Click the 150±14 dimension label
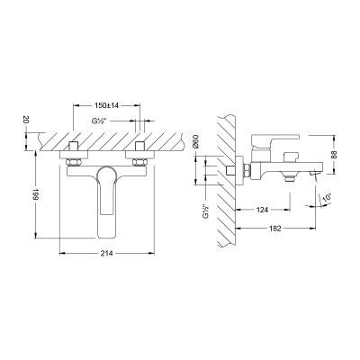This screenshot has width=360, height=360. coord(107,105)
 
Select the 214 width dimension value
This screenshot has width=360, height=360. coord(107,254)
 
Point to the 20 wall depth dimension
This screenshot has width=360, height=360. coord(26,120)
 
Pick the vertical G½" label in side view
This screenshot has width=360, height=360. coord(206,212)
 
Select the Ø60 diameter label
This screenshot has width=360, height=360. coord(195,141)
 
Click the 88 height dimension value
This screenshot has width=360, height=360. coord(335,155)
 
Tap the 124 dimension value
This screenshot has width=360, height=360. coord(262,210)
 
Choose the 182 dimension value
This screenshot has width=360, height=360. coord(275,229)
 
